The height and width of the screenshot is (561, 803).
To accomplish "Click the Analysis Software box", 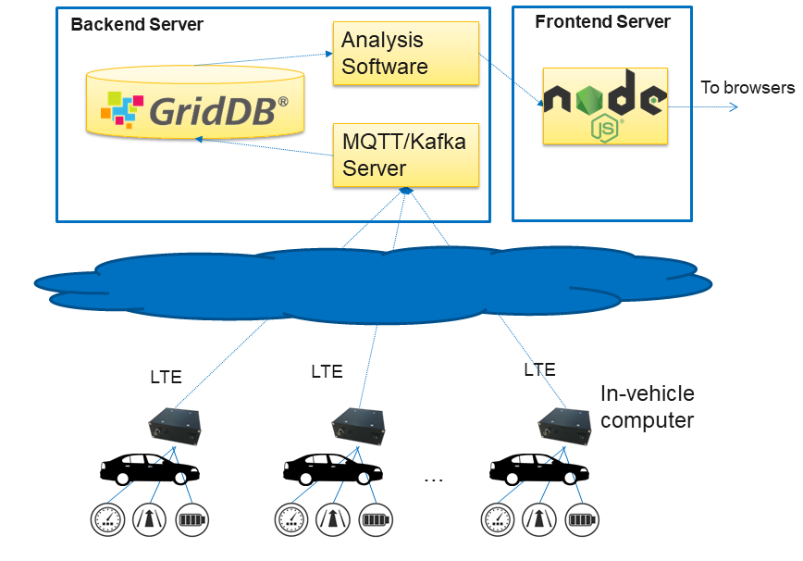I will pos(405,54).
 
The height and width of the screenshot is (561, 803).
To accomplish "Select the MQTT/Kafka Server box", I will pos(405,155).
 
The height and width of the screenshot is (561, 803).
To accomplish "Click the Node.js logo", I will pos(604,105).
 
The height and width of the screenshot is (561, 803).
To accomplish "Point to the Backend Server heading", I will pos(136,24).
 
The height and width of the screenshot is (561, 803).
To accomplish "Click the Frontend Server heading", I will pos(602,21).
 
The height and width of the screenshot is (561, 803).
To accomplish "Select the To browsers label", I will pos(747,88).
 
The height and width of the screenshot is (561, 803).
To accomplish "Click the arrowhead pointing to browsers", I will pos(733,106).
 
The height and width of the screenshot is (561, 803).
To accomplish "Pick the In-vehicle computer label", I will pos(648,407).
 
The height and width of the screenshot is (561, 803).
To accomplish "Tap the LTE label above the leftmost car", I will pos(167,377).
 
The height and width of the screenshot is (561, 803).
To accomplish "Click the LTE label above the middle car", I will pos(327,372).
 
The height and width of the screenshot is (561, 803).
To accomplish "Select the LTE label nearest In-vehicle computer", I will pos(539,370).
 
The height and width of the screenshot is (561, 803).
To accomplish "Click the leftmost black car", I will pos(149,468).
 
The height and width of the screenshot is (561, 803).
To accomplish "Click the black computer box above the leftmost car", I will pos(175,425).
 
